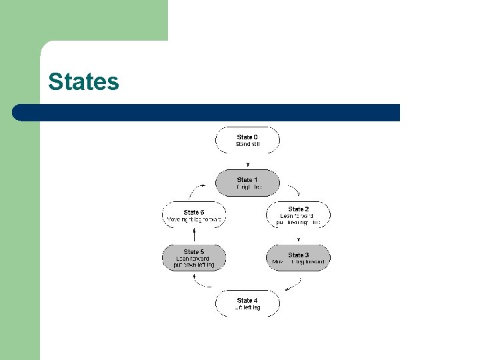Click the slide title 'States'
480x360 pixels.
pos(83,82)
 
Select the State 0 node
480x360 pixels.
pos(247,140)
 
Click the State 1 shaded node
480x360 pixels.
pos(247,183)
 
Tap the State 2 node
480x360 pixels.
pos(298,215)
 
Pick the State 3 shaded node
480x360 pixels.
pos(298,258)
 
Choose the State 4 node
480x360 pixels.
pos(247,303)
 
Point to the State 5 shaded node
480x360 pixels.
pos(194,258)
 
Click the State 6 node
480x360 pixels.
pos(194,215)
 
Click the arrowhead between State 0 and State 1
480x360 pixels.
pos(248,163)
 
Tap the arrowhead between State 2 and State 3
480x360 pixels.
pos(299,239)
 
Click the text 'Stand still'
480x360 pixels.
pos(247,144)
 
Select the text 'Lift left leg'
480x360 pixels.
pos(247,307)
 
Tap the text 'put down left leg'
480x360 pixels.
pos(193,265)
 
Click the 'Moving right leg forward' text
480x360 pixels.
pos(194,219)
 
